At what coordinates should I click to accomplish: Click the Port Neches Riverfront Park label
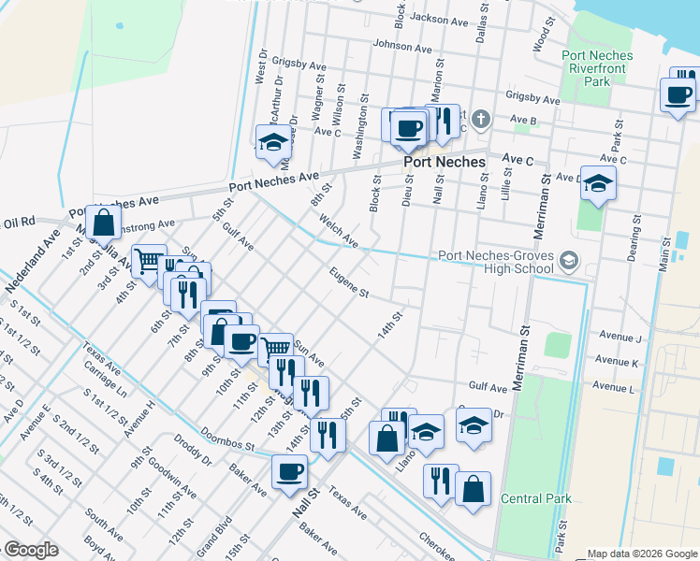[x=597, y=68]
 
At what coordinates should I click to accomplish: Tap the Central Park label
[x=535, y=498]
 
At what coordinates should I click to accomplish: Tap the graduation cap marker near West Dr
[x=272, y=142]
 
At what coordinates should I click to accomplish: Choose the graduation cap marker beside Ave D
[x=597, y=183]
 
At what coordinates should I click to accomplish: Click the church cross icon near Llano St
[x=480, y=119]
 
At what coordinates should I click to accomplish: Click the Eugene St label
[x=349, y=282]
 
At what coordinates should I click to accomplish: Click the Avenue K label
[x=619, y=362]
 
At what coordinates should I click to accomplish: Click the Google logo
[x=30, y=550]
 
